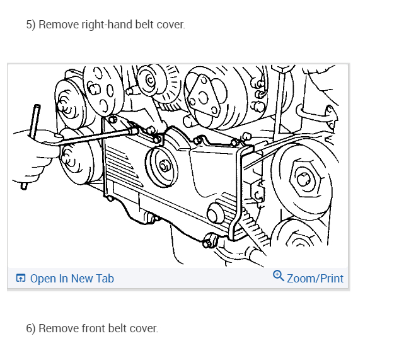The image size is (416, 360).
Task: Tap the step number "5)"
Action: coord(31,25)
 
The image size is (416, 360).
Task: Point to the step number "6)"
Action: coord(31,328)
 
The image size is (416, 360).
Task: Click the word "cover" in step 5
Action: coord(170,25)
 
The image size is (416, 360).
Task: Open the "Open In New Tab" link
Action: coord(72,278)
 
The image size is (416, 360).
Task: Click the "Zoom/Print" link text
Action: coord(315,278)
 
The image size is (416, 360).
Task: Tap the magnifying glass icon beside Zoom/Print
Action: coord(279,276)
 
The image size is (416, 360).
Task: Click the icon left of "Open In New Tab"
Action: coord(21,278)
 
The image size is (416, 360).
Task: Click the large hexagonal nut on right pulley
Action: coord(303,179)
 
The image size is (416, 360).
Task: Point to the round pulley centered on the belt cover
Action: coord(163,166)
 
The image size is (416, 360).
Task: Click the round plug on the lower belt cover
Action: coord(216,212)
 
